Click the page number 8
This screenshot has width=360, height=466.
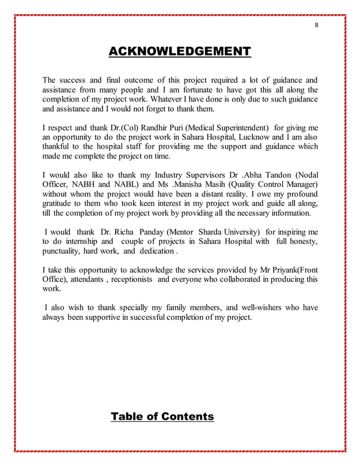pyautogui.click(x=316, y=25)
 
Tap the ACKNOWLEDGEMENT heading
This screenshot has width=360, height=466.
pyautogui.click(x=179, y=52)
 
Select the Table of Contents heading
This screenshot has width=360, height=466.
pyautogui.click(x=163, y=417)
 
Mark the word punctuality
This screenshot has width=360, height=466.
pyautogui.click(x=62, y=250)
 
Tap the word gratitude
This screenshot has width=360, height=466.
pyautogui.click(x=59, y=204)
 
